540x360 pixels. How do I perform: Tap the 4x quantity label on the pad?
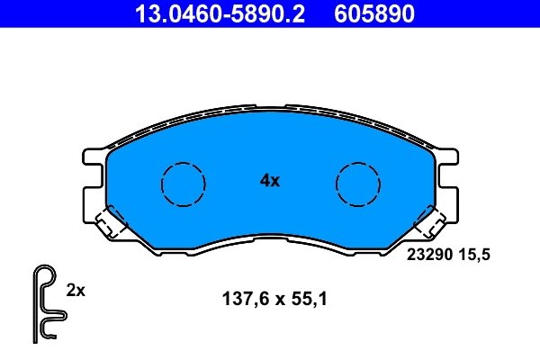pyautogui.click(x=270, y=180)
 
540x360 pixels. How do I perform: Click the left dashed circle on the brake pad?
pyautogui.click(x=183, y=184)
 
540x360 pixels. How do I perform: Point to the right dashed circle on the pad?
pyautogui.click(x=358, y=184)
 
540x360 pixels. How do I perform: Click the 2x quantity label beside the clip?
pyautogui.click(x=76, y=291)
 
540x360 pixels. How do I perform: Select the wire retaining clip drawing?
pyautogui.click(x=45, y=304)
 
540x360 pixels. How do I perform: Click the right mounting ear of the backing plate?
pyautogui.click(x=447, y=180)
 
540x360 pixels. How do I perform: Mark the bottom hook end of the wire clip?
pyautogui.click(x=45, y=337)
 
